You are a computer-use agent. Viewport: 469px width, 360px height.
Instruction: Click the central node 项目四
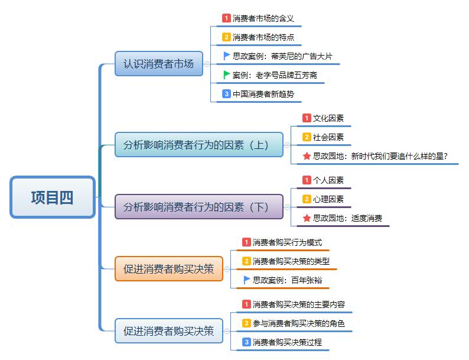(53, 197)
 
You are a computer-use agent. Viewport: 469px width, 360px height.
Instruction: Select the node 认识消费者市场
(158, 64)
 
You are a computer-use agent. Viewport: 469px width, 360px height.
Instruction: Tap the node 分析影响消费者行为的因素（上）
(199, 145)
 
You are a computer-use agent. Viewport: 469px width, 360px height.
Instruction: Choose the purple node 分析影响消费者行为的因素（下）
(199, 207)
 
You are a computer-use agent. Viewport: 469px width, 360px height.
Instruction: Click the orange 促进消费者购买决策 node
(168, 268)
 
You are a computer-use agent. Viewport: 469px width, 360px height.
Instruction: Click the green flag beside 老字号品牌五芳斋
(227, 75)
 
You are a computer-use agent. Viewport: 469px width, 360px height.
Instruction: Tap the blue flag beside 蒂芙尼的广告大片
(227, 56)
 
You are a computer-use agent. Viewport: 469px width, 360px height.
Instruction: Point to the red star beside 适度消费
(307, 218)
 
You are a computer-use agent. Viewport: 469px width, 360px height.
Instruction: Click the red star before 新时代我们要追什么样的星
(307, 156)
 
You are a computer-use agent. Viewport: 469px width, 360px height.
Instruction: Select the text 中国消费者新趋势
(263, 94)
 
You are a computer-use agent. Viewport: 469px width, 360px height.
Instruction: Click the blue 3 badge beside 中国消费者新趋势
(226, 94)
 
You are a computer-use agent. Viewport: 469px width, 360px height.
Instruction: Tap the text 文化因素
(328, 118)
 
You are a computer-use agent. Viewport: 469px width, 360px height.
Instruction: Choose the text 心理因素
(328, 199)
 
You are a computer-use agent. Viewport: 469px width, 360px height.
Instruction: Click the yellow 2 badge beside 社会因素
(307, 137)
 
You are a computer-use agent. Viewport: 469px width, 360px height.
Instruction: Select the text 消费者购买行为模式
(287, 242)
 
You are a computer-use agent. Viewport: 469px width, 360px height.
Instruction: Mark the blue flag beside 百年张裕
(247, 280)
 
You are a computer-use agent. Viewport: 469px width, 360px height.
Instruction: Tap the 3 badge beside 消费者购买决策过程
(246, 342)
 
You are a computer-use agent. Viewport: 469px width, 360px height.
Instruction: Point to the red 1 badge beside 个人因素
(307, 180)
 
